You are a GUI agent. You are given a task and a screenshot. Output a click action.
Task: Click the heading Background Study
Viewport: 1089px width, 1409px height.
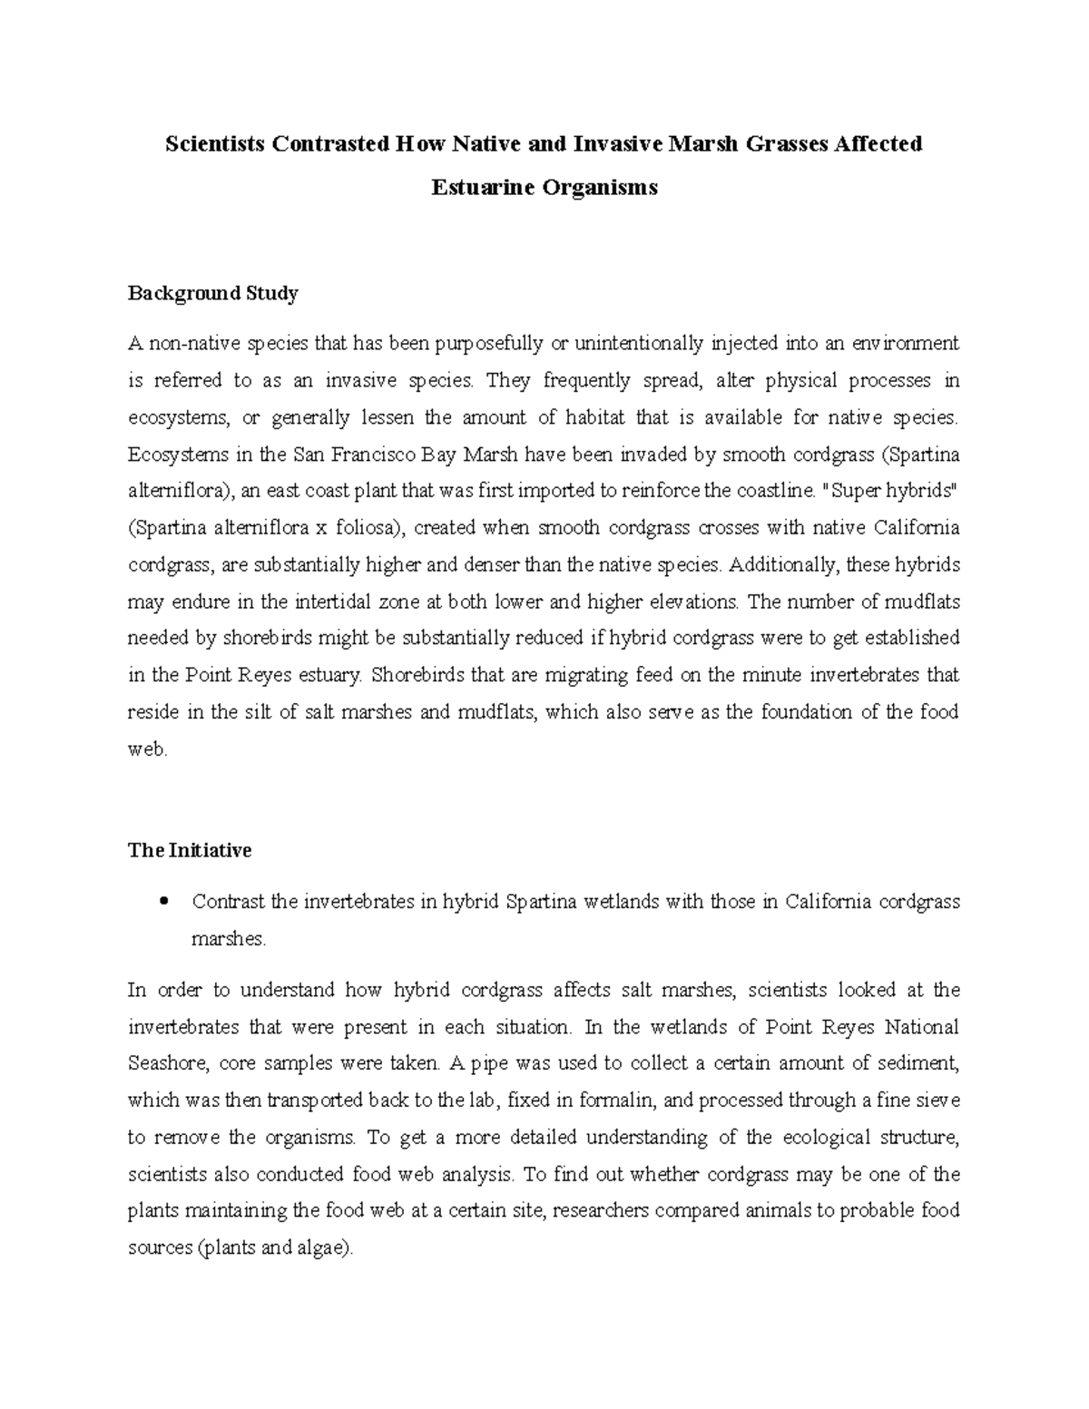tap(212, 293)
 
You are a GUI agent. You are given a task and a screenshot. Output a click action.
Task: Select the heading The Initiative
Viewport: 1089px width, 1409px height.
tap(190, 850)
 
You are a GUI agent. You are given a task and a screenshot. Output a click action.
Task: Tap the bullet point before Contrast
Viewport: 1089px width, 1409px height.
tap(164, 901)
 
